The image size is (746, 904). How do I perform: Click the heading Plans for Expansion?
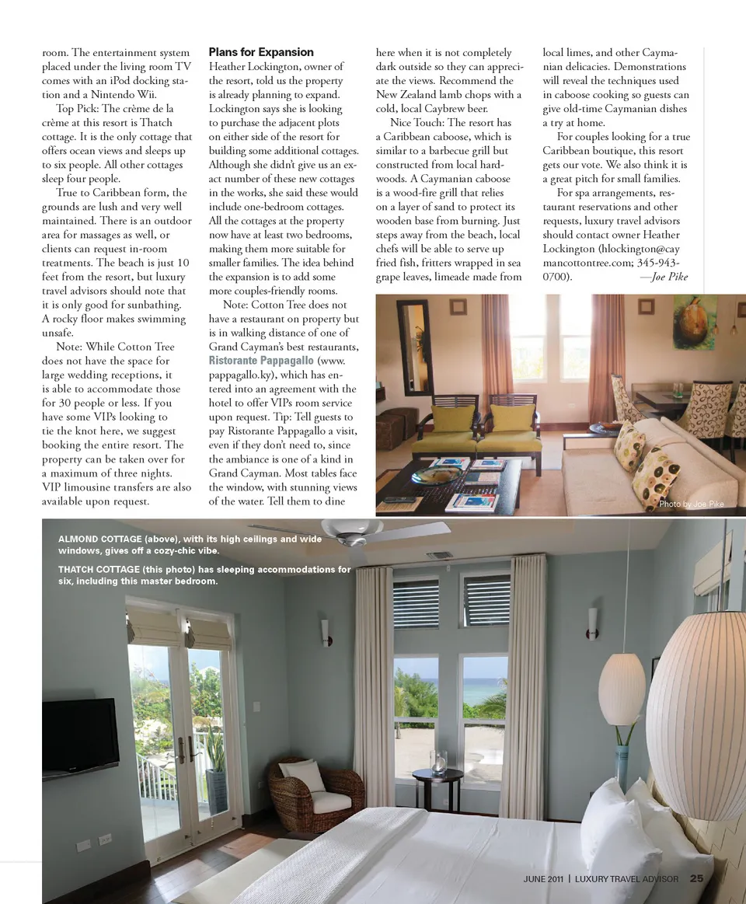coord(261,52)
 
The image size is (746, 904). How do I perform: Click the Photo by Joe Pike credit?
coord(691,504)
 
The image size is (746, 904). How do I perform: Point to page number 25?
coord(696,879)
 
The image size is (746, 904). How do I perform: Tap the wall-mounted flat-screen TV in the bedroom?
coord(80,738)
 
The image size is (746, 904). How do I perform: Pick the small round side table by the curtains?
coord(437,785)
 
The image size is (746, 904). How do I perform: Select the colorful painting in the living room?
coord(694,322)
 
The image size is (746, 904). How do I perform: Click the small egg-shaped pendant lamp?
coord(622,689)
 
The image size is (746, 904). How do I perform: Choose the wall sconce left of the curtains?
coord(325,632)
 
